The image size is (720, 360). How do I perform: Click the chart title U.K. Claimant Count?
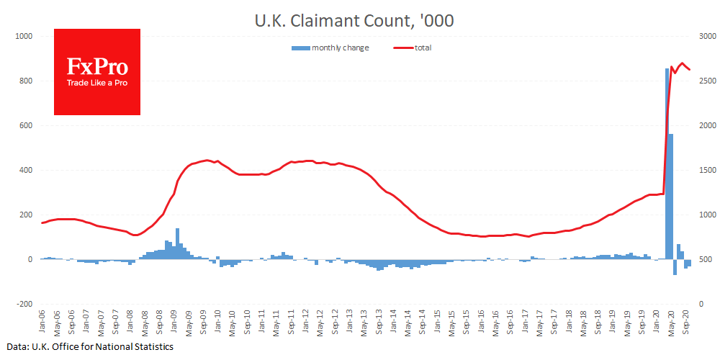point(354,21)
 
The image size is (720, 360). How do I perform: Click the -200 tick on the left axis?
point(24,304)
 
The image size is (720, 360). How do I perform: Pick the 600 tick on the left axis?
point(26,125)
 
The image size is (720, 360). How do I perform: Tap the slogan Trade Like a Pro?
point(97,83)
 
